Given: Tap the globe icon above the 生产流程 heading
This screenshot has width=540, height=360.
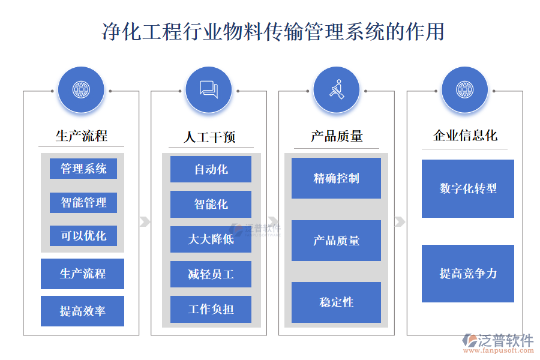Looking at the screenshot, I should pyautogui.click(x=81, y=90).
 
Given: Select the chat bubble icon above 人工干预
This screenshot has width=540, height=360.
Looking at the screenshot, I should pyautogui.click(x=209, y=90).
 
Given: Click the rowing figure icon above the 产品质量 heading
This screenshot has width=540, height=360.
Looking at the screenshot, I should pyautogui.click(x=337, y=90).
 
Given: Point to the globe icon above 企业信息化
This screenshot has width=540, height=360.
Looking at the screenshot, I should pyautogui.click(x=464, y=90).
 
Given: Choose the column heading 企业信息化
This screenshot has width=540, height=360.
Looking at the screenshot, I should pyautogui.click(x=465, y=136).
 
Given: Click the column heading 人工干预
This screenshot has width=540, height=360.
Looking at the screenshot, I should pyautogui.click(x=209, y=137).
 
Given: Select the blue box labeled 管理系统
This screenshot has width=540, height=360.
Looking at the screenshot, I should pyautogui.click(x=83, y=169).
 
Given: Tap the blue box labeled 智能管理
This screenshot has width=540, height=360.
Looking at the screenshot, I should pyautogui.click(x=83, y=203).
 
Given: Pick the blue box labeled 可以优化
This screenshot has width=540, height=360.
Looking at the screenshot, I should pyautogui.click(x=83, y=236).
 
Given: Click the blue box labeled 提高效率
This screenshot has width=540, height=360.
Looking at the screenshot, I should pyautogui.click(x=83, y=311).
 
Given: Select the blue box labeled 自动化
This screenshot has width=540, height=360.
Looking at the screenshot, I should pyautogui.click(x=211, y=169).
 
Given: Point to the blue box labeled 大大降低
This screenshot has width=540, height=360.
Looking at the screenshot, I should pyautogui.click(x=211, y=239).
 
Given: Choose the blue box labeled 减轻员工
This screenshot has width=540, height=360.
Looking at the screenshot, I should pyautogui.click(x=211, y=274).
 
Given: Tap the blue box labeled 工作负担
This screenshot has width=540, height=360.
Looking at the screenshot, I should pyautogui.click(x=211, y=309).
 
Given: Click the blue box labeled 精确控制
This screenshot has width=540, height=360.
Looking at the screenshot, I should pyautogui.click(x=336, y=178).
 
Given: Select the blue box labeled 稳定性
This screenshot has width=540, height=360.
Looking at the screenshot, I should pyautogui.click(x=336, y=302).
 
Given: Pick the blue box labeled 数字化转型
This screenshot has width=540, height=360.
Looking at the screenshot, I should pyautogui.click(x=468, y=188).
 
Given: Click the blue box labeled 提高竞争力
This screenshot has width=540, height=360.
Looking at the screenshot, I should pyautogui.click(x=468, y=274).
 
